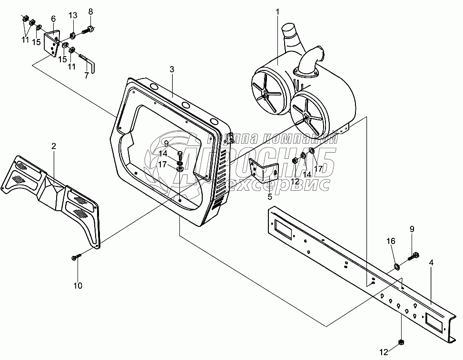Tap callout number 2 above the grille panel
point(54,146)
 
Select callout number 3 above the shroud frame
point(172,69)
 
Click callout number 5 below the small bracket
point(269,195)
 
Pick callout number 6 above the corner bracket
point(53,19)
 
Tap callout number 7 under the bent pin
point(87,76)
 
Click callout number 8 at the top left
point(90,11)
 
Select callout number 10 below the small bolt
point(78,285)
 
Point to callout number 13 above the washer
point(72,16)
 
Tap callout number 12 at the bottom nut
point(384,352)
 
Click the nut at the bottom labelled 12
point(401,342)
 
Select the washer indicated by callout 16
point(396,264)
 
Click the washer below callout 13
point(73,34)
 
